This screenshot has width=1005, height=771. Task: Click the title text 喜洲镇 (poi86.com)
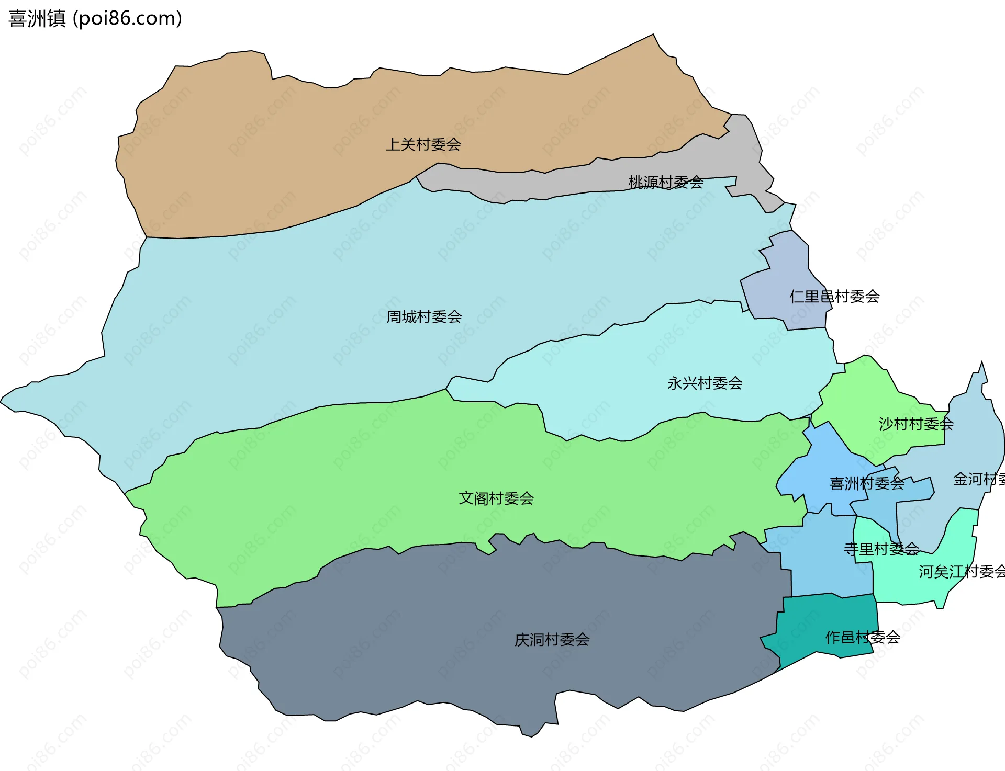[95, 19]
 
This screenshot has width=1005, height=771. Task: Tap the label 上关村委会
[423, 144]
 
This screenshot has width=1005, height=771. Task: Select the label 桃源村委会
[666, 183]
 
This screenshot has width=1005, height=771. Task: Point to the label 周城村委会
[424, 317]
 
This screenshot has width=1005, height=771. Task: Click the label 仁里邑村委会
[834, 297]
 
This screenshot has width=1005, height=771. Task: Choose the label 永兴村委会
[705, 383]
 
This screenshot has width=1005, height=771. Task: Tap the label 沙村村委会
[916, 424]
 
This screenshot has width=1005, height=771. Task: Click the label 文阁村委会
[496, 498]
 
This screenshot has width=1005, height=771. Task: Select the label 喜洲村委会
[867, 483]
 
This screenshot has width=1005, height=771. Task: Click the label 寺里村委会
[881, 549]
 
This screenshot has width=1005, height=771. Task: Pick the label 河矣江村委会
[962, 572]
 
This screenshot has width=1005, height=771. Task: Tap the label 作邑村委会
[863, 638]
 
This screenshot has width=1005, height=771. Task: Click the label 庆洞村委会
[552, 640]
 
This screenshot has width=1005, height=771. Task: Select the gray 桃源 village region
[743, 152]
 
